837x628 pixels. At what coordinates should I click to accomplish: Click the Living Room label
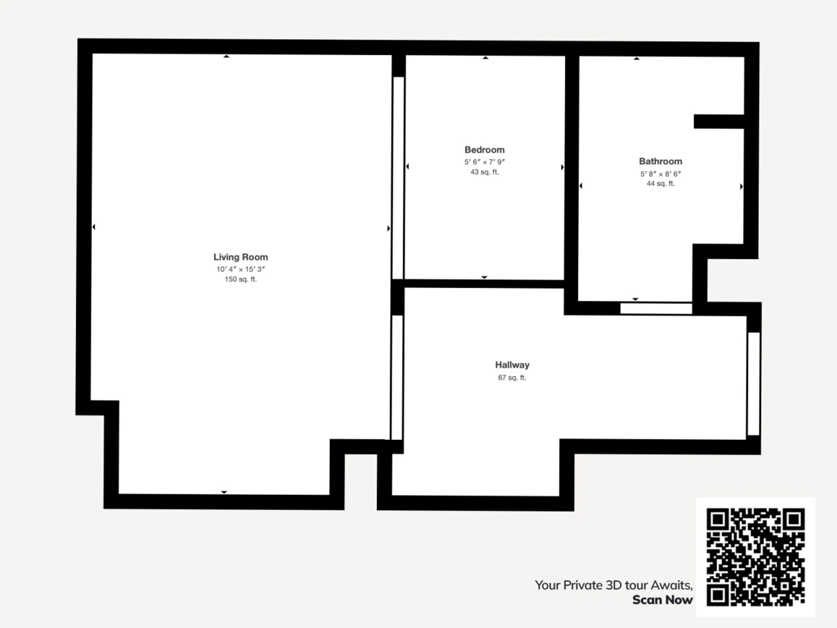click(241, 257)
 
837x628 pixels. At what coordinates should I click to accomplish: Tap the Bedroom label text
click(484, 150)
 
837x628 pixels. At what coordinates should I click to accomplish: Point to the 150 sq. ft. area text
click(241, 279)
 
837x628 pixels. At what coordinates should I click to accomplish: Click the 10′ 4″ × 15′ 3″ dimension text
click(241, 269)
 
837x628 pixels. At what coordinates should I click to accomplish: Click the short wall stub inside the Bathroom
click(719, 121)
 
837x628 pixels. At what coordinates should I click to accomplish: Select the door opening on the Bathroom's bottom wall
click(656, 308)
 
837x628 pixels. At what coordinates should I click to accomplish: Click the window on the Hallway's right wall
click(753, 384)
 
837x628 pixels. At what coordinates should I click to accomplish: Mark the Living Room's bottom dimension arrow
click(224, 492)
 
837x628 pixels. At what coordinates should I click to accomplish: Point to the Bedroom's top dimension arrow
click(485, 58)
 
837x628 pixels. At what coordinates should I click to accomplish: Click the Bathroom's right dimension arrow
click(741, 186)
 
